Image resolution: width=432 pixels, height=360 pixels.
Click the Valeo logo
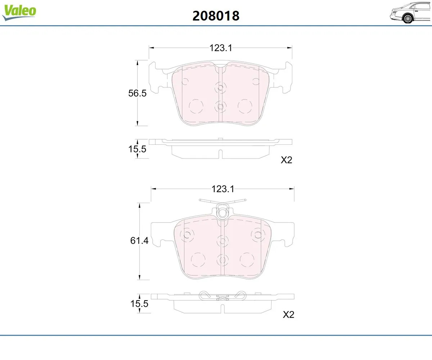click(19, 12)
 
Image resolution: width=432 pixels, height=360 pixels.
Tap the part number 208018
click(216, 16)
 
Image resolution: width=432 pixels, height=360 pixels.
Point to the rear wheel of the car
click(408, 19)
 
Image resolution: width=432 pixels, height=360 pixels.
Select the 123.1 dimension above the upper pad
click(221, 48)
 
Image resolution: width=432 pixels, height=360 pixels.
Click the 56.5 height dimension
click(137, 93)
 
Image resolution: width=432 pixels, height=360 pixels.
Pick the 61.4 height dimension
click(139, 240)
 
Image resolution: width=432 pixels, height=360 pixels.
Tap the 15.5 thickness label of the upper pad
click(137, 149)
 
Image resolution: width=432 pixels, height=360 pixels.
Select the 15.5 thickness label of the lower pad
click(139, 303)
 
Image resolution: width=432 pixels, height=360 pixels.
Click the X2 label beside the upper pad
click(286, 160)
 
